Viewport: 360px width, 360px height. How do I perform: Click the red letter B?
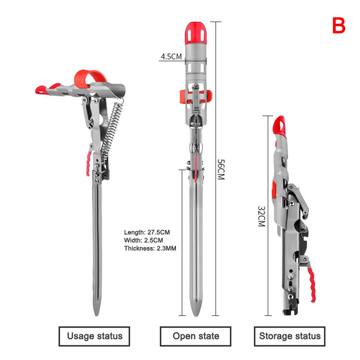coord(338,26)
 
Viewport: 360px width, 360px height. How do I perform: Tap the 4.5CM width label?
coord(171,57)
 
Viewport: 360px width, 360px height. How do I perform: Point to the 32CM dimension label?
coord(261,216)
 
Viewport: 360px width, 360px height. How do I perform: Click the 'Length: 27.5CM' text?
coord(147,232)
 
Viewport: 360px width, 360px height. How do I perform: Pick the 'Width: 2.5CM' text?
coord(144,240)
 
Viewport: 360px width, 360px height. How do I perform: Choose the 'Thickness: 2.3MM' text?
coord(150,248)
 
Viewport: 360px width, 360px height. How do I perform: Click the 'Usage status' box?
coord(94,336)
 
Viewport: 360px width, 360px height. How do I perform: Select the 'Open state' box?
coord(196,336)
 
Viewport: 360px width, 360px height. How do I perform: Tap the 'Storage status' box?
coord(290,336)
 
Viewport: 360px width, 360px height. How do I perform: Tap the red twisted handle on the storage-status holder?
coord(311,283)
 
